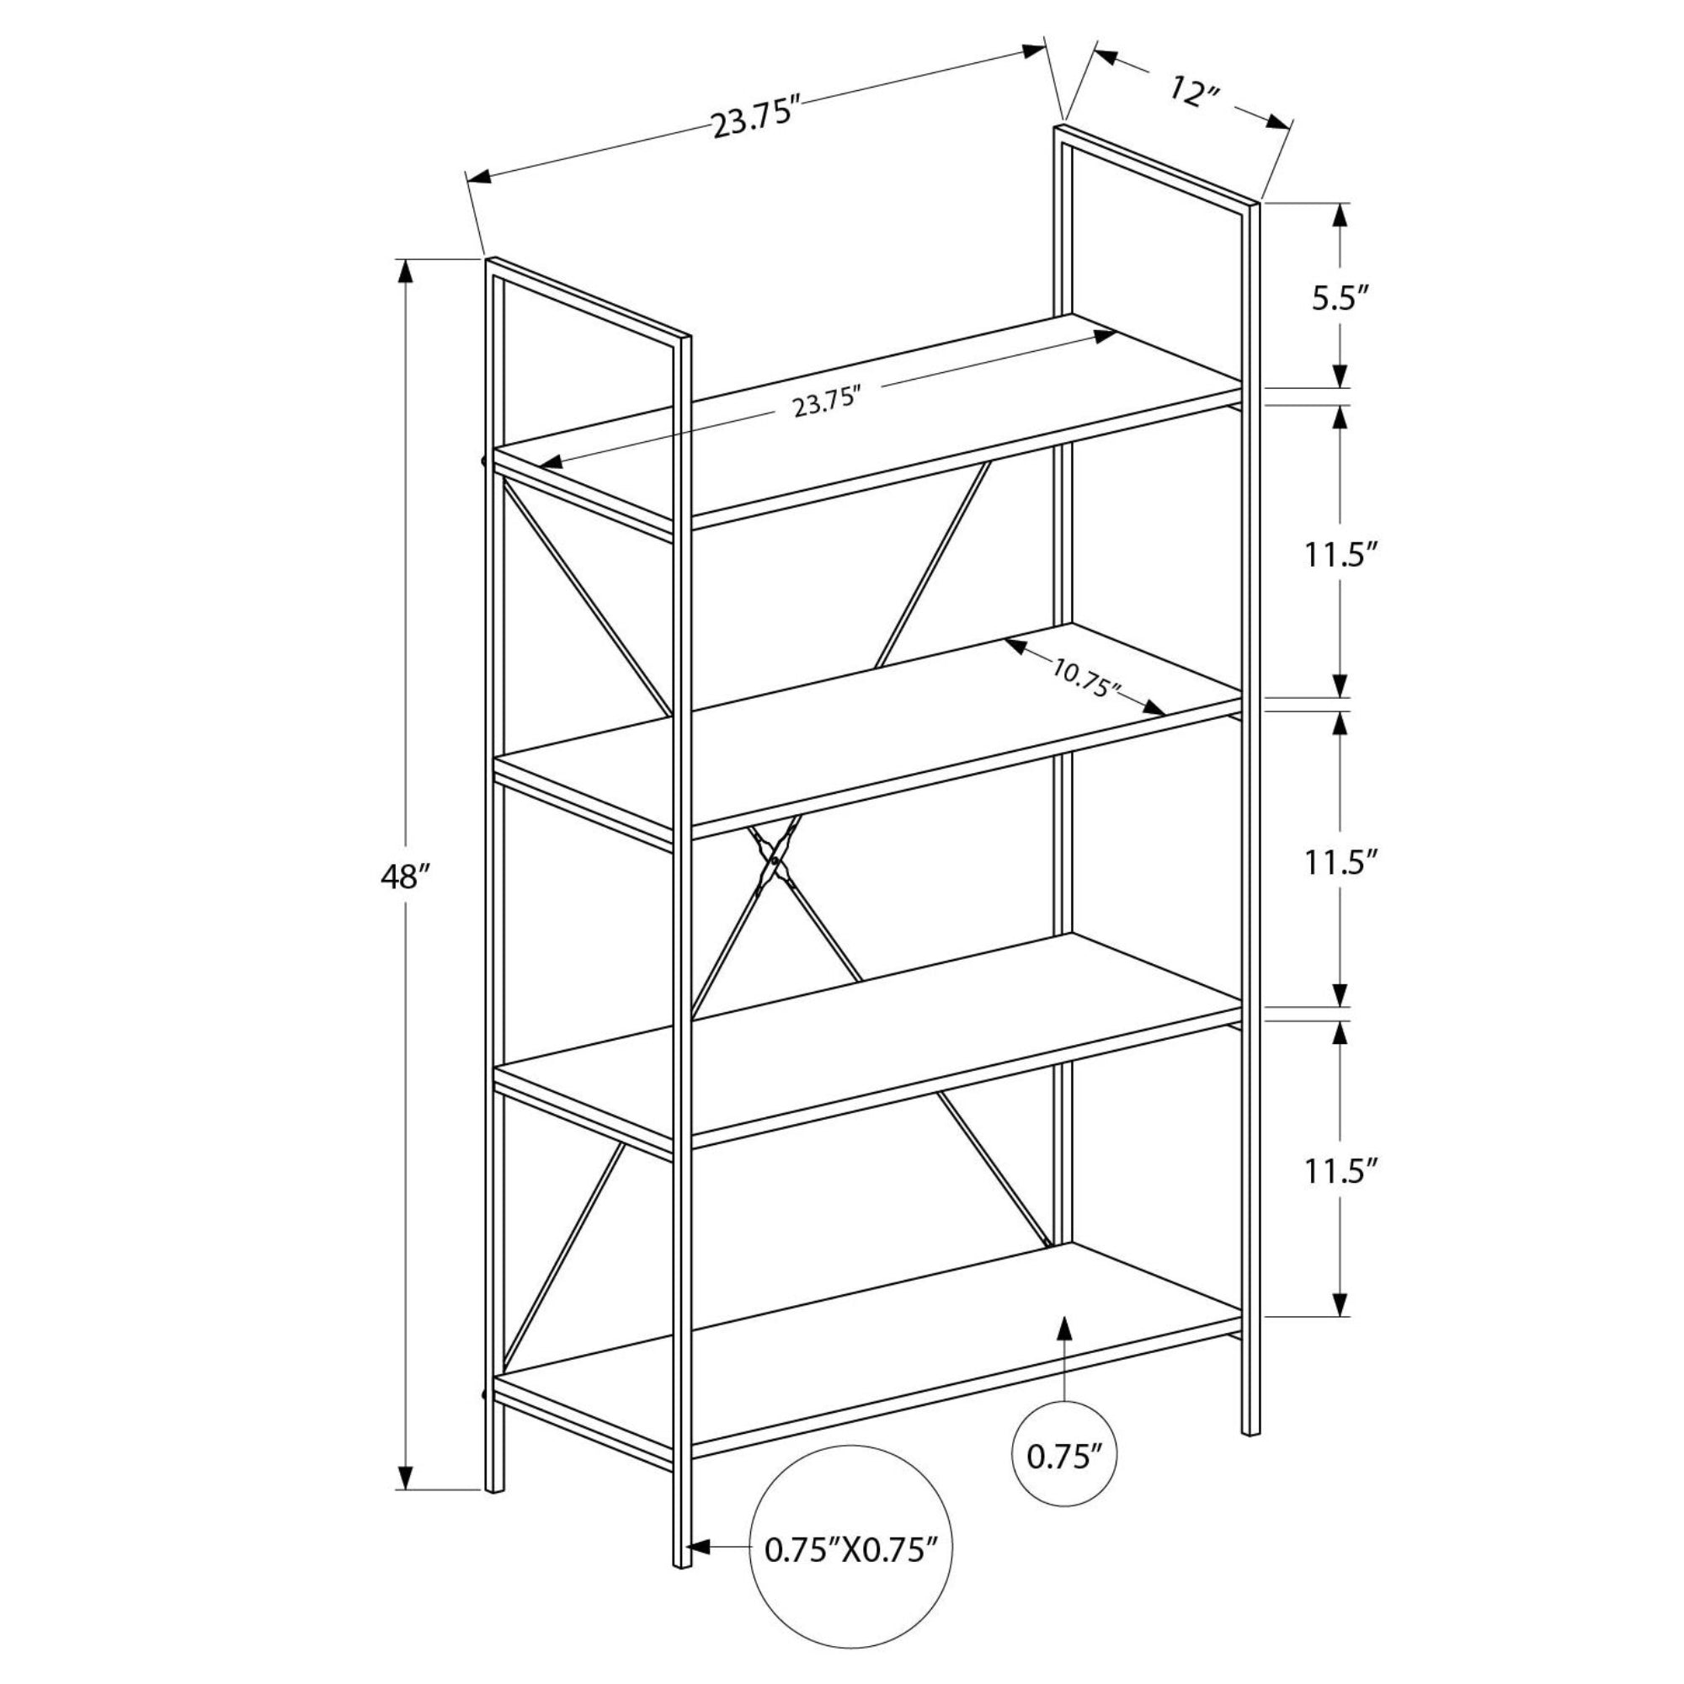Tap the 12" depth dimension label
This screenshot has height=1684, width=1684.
1193,92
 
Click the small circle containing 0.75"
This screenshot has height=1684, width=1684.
1064,1456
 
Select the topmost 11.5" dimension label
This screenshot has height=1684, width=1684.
1341,555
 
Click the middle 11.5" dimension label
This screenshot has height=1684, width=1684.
1341,862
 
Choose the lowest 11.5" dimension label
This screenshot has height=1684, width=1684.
1341,1170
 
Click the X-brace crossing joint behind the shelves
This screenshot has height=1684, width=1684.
773,861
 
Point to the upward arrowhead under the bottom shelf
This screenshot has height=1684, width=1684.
1063,1331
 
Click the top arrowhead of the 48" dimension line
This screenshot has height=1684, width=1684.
404,272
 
